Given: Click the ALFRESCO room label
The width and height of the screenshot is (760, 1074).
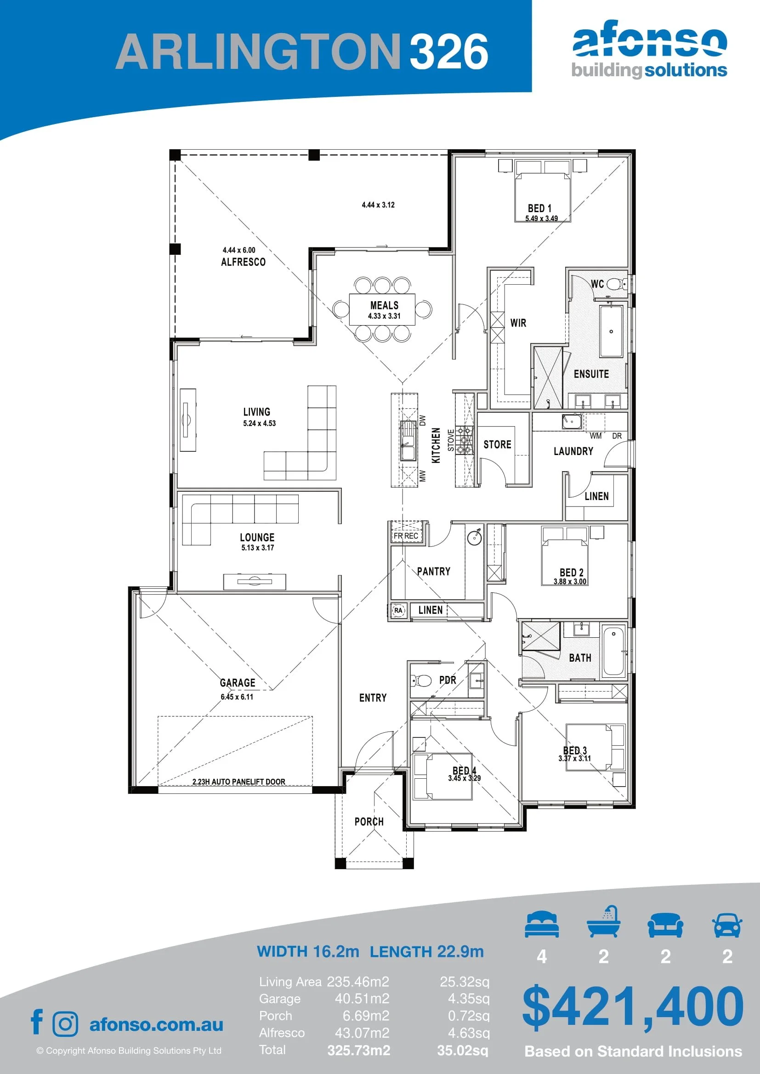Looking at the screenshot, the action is [x=243, y=262].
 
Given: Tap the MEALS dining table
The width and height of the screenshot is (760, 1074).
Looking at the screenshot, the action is [x=382, y=309].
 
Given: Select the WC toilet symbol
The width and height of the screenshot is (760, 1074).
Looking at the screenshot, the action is [x=617, y=284].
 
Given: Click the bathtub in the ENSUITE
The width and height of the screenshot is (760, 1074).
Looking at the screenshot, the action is [x=611, y=331].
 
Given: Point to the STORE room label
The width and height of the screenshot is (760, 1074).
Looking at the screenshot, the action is [x=497, y=444].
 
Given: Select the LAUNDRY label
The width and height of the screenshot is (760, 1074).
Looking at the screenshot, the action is [x=573, y=451].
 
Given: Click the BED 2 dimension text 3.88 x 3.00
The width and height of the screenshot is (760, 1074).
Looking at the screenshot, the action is [x=569, y=581].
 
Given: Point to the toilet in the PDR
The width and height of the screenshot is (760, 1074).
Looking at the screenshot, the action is [x=421, y=680].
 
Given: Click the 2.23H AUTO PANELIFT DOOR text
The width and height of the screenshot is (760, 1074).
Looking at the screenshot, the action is [x=238, y=782].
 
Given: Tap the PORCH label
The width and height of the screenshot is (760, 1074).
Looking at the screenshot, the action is [x=369, y=821].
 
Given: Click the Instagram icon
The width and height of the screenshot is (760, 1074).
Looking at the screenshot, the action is [x=66, y=1024].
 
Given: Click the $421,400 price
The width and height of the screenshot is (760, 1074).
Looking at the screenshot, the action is [x=633, y=1006].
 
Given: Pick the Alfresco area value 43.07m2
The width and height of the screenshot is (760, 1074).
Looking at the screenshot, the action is [x=362, y=1033].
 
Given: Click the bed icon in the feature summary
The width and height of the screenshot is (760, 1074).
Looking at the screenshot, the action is [x=541, y=924].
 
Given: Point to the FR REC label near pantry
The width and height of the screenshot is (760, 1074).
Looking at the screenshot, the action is [x=405, y=536].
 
